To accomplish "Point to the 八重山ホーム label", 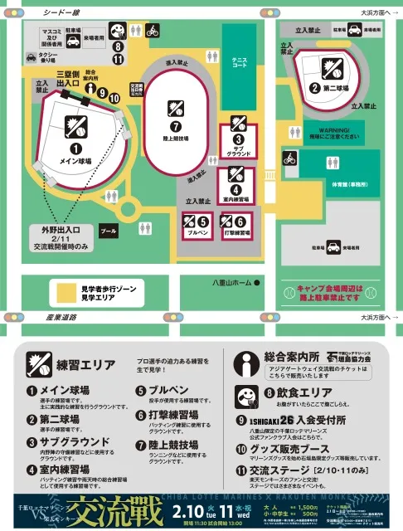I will pos(231,282).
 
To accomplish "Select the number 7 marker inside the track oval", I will pos(176,126).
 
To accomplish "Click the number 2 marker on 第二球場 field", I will pos(314,86).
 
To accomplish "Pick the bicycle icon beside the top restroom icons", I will pos(152,32).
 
